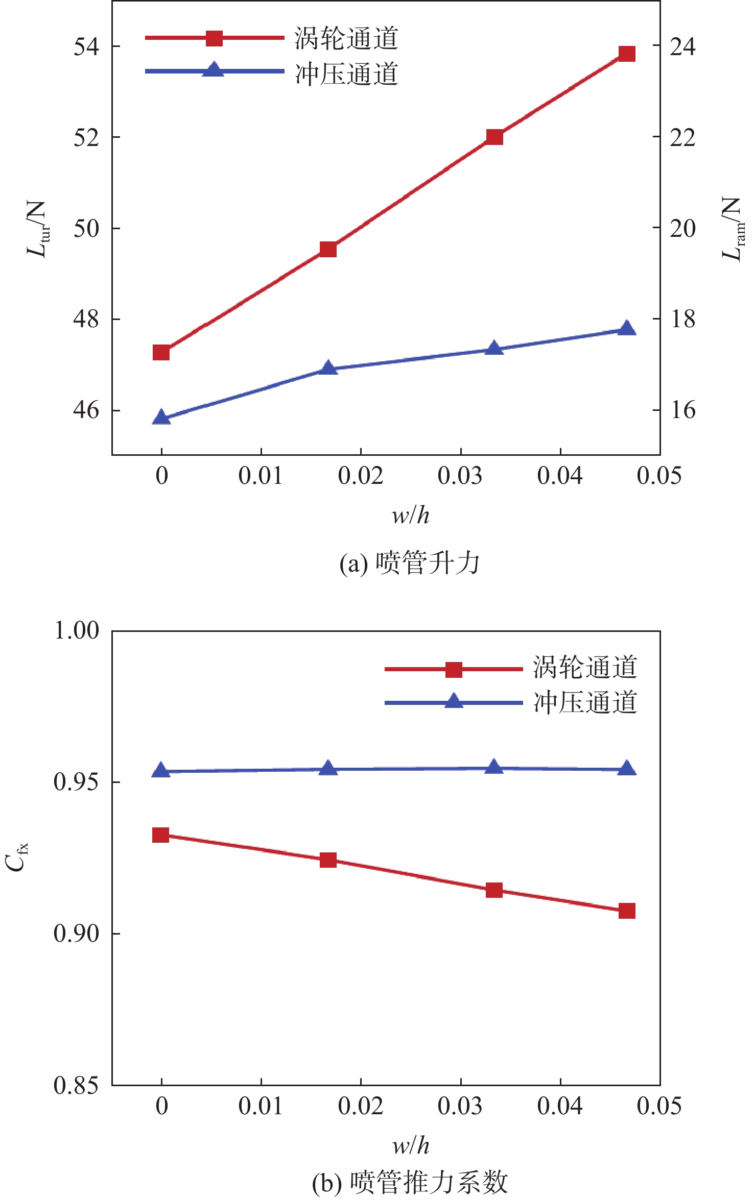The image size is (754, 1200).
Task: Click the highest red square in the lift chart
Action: tap(627, 54)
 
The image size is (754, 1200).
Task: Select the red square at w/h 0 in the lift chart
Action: tap(161, 352)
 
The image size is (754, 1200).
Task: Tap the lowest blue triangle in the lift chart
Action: tap(161, 418)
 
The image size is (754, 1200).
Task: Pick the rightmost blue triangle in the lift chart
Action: tap(627, 329)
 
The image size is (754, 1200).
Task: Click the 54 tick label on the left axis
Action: tap(86, 46)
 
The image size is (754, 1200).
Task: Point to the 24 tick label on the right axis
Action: tap(682, 46)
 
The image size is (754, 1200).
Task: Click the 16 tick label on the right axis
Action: tap(682, 410)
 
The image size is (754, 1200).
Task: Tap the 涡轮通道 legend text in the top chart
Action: tap(346, 38)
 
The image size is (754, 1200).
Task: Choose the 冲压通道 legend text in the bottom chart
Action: tap(585, 702)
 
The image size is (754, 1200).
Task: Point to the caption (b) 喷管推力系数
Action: tap(410, 1182)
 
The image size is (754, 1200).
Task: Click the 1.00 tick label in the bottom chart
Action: tap(77, 631)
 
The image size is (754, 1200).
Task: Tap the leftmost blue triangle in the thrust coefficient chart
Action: tap(161, 771)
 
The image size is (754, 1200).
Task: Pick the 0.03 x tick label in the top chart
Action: tap(460, 476)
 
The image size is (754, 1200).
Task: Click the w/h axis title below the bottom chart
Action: tap(411, 1146)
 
